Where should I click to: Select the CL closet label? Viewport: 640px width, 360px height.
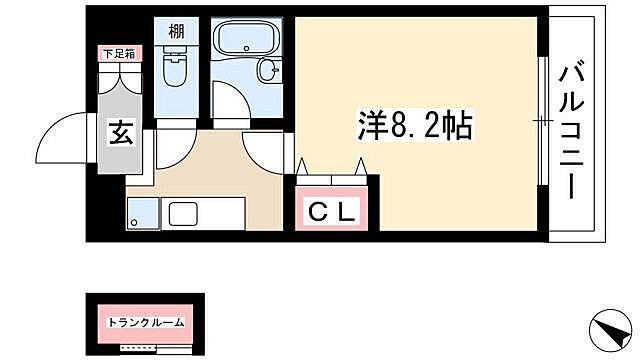[330, 212]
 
